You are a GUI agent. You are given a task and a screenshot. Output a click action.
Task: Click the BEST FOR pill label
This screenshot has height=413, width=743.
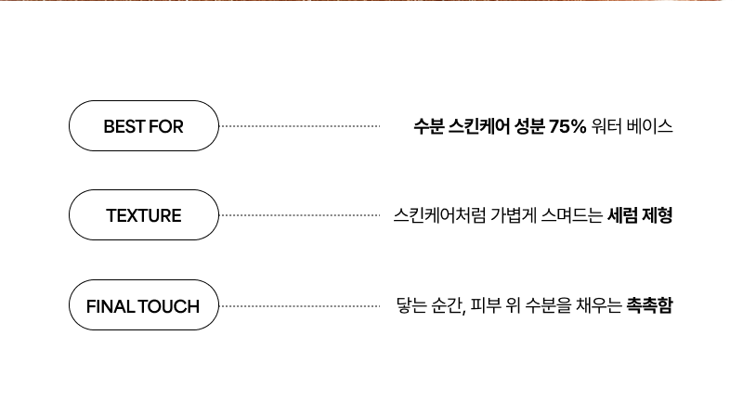144,126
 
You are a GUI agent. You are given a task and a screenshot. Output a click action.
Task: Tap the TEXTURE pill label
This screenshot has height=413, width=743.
144,215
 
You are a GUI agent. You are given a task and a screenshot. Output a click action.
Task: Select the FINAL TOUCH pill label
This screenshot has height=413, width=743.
144,305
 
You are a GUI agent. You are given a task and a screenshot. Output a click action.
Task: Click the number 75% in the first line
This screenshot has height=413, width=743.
567,126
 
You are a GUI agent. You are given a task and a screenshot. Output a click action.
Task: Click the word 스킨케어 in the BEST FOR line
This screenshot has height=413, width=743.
479,126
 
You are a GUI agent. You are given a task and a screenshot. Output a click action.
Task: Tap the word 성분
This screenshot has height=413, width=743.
529,126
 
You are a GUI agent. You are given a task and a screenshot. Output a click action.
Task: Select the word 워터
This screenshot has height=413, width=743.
606,126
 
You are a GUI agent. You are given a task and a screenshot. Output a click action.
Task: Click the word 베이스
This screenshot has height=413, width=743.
649,126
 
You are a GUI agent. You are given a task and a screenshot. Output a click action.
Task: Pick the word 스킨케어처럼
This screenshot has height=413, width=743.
439,215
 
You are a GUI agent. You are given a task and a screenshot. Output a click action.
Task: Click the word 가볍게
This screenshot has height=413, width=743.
514,215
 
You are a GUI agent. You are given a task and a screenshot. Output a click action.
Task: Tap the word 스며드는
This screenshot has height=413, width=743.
572,215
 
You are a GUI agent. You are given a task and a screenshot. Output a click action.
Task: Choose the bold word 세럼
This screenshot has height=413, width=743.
622,215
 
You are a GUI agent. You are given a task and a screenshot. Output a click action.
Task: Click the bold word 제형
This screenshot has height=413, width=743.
658,215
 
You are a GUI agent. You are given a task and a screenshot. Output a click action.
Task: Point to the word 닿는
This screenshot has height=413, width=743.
411,305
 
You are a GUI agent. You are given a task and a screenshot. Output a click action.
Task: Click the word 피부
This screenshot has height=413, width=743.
486,305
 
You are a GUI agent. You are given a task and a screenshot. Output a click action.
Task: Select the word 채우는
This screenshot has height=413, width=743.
599,305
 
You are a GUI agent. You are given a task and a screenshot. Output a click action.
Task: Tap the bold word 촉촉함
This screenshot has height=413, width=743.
649,305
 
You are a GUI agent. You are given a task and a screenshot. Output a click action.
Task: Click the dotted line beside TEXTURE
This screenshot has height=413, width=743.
300,215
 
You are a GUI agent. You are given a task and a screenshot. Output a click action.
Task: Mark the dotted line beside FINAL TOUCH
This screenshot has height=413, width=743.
300,306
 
